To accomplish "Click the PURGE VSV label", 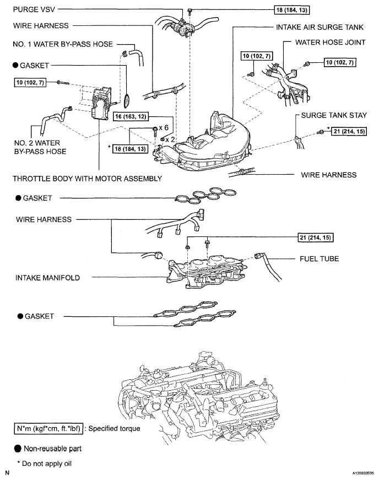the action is pyautogui.click(x=34, y=9).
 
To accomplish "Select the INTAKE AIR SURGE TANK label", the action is pyautogui.click(x=320, y=27).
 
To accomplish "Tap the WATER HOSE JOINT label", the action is pyautogui.click(x=331, y=42).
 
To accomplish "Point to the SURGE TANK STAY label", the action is pyautogui.click(x=334, y=115).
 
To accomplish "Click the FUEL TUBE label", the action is pyautogui.click(x=320, y=259).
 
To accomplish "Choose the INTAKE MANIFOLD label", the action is pyautogui.click(x=47, y=278).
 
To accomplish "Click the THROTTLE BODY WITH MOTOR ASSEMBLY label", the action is pyautogui.click(x=88, y=179).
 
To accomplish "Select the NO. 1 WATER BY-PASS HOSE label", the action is pyautogui.click(x=63, y=44).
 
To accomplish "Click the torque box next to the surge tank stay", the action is pyautogui.click(x=349, y=132).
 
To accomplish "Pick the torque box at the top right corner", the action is pyautogui.click(x=292, y=10).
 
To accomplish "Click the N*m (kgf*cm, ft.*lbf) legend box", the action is pyautogui.click(x=48, y=429).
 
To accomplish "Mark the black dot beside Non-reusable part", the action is pyautogui.click(x=18, y=449).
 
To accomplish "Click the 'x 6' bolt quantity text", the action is pyautogui.click(x=164, y=128).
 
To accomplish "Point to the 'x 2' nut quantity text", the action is pyautogui.click(x=170, y=139).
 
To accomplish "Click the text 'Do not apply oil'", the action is pyautogui.click(x=47, y=464).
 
